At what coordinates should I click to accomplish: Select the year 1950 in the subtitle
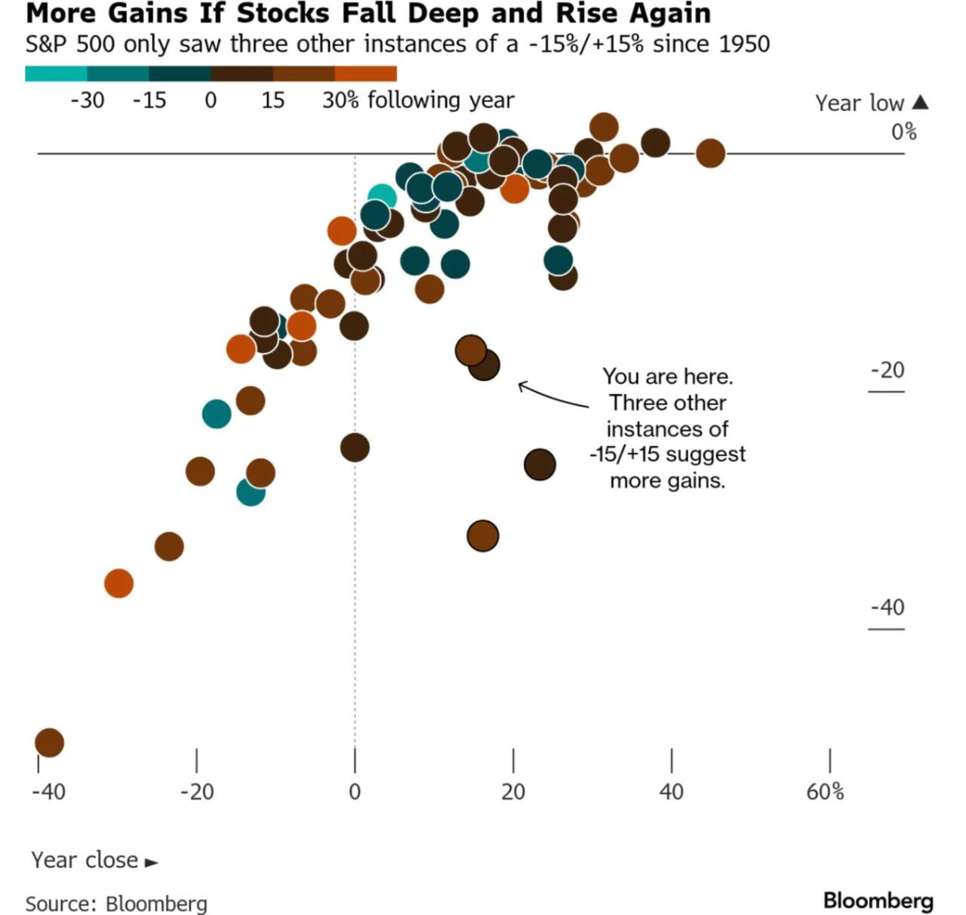point(744,44)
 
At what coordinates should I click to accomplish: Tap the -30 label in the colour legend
point(88,100)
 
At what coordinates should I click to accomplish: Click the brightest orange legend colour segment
point(365,73)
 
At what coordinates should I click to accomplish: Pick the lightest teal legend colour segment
point(56,73)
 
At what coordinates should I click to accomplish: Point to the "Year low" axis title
point(859,103)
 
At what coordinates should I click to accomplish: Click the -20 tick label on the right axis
point(887,370)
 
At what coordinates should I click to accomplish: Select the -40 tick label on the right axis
point(887,607)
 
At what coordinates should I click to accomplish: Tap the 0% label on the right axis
point(903,132)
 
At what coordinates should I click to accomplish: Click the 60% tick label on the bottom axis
point(825,791)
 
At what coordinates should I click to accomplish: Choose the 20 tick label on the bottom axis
point(512,791)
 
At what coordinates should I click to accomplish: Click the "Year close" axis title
point(85,860)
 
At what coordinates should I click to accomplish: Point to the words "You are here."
point(667,376)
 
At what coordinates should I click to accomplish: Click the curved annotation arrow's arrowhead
point(520,387)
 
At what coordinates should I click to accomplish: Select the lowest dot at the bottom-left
point(49,742)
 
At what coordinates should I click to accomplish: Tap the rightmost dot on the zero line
point(710,153)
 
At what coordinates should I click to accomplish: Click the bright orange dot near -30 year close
point(118,583)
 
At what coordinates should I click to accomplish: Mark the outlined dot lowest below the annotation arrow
point(483,536)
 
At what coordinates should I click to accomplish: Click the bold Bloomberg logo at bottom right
point(878,900)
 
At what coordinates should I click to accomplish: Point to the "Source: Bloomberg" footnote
point(116,903)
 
